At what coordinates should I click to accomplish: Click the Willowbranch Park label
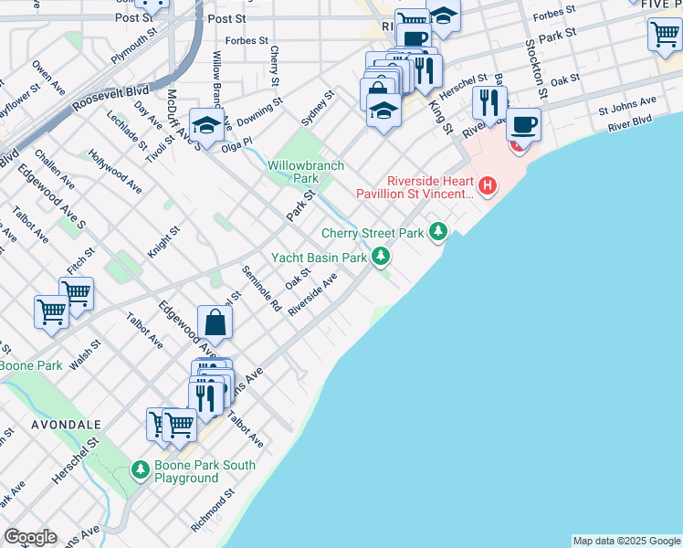tap(292, 172)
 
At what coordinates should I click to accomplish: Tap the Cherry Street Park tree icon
tap(439, 232)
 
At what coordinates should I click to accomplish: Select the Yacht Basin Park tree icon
tap(381, 257)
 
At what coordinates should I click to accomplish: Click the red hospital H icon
tap(488, 187)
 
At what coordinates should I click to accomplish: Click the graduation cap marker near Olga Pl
tap(206, 123)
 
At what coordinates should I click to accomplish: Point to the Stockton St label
tap(535, 69)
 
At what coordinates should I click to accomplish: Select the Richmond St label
tap(213, 511)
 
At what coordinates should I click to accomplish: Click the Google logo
tap(30, 537)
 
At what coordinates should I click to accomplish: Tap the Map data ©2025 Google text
tap(626, 541)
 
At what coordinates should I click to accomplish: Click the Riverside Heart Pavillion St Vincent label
tap(416, 186)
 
